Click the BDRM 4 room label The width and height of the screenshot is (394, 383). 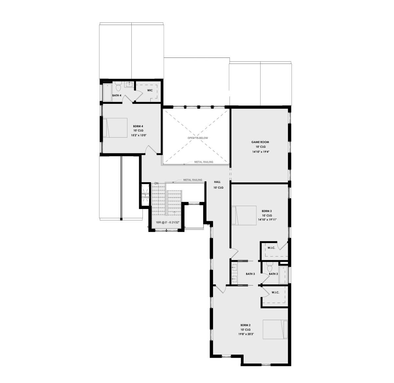tap(138, 126)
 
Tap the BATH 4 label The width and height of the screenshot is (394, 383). tap(117, 95)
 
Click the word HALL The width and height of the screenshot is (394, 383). tap(217, 182)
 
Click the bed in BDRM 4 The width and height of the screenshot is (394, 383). tap(115, 127)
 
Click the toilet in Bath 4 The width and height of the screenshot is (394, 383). tap(119, 86)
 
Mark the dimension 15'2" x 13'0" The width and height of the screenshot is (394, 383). tap(138, 135)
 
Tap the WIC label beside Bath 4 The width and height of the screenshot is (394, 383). tap(150, 90)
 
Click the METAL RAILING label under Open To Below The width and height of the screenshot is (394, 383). tap(204, 162)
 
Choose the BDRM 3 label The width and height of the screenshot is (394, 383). tap(267, 211)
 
